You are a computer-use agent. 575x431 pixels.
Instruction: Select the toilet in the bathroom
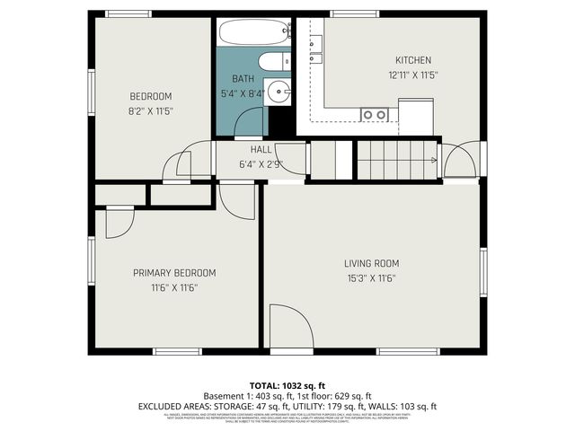[x=273, y=62]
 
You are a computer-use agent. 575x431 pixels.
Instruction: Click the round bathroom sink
[x=279, y=91]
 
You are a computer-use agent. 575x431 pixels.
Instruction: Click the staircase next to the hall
[x=396, y=160]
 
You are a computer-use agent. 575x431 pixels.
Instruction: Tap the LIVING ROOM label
[x=371, y=263]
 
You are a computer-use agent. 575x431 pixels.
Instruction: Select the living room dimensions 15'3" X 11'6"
[x=371, y=278]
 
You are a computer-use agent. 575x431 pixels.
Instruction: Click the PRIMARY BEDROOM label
[x=174, y=273]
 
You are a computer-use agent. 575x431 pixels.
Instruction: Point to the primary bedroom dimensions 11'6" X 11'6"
[x=174, y=287]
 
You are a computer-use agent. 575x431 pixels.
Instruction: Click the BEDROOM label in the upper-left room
[x=150, y=96]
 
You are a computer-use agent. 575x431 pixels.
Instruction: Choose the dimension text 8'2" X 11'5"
[x=150, y=111]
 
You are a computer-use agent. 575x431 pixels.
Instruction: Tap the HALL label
[x=261, y=149]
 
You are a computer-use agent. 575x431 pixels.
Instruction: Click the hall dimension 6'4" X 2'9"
[x=261, y=163]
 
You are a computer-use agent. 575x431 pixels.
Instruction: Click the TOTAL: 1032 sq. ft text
[x=287, y=383]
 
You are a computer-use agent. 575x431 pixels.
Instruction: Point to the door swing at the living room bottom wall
[x=289, y=328]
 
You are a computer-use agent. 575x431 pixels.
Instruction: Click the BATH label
[x=243, y=79]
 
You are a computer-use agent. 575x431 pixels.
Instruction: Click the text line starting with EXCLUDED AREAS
[x=287, y=406]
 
